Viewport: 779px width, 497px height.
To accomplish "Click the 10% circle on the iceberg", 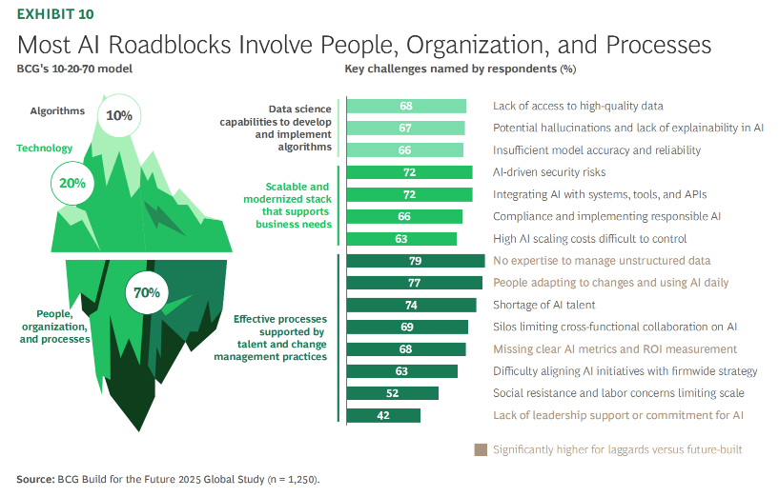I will point(119,116).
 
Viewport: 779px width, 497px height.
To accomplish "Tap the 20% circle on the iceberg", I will point(72,183).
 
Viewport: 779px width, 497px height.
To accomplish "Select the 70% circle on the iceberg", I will point(147,292).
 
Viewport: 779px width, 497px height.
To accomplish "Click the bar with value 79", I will point(416,261).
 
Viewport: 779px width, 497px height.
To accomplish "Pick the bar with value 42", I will point(383,415).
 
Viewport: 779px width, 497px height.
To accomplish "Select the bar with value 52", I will point(393,393).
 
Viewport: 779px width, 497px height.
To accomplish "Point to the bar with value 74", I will point(411,305).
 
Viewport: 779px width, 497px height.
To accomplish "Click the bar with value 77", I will point(414,283).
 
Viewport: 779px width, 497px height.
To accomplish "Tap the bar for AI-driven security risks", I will point(409,172).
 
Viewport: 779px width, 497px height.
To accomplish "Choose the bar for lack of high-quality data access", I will point(406,106).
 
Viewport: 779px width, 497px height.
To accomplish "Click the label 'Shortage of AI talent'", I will point(543,305).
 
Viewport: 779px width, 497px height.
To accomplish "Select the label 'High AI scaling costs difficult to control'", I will point(589,239).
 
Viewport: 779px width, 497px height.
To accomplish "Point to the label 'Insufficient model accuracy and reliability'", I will point(597,150).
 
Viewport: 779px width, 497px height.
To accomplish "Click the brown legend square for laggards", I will point(481,449).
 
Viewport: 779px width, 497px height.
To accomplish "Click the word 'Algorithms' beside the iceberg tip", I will point(56,111).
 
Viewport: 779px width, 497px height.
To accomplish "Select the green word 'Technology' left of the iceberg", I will point(44,149).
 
